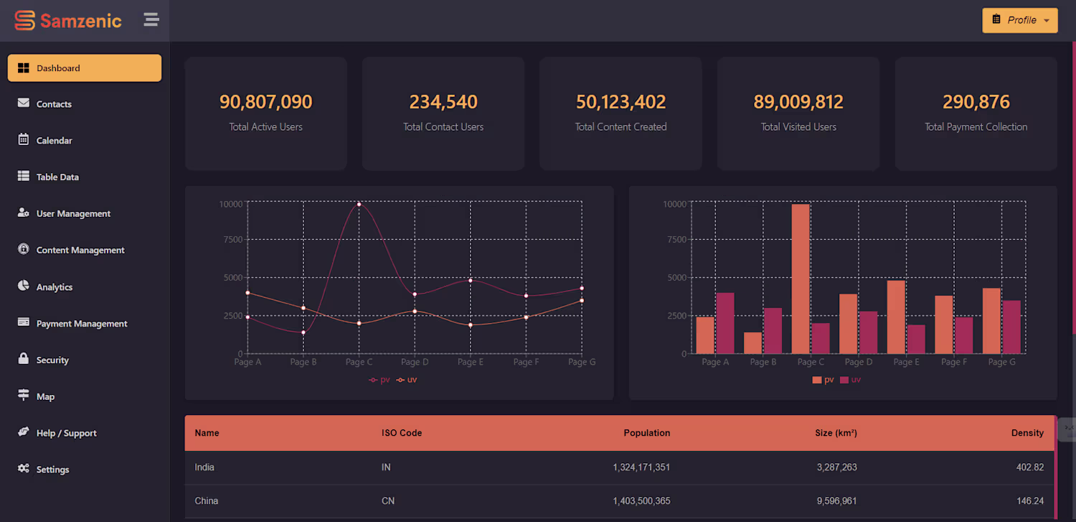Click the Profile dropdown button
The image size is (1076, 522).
point(1019,20)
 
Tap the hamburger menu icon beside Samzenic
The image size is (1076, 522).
point(151,20)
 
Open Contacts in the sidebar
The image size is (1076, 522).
point(54,104)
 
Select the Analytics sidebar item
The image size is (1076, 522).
point(55,287)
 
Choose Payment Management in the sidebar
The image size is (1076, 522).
point(82,324)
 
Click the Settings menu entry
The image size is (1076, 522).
point(52,470)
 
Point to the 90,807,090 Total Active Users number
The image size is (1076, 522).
point(265,102)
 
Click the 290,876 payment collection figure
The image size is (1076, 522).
point(976,102)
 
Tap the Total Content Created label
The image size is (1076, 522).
point(620,127)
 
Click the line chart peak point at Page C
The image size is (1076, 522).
point(359,205)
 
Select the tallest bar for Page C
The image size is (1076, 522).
point(801,279)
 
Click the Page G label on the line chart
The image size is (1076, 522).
point(582,362)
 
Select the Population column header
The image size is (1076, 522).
point(646,433)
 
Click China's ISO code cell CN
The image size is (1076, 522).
point(387,500)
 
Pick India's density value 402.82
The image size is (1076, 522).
point(1029,467)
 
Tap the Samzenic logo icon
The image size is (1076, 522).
point(24,21)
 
